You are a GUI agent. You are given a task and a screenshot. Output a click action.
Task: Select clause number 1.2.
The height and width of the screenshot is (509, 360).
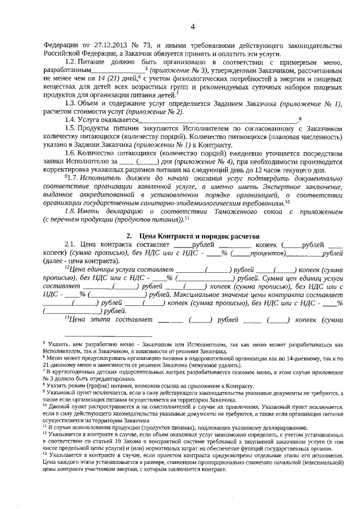[x=71, y=61]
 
